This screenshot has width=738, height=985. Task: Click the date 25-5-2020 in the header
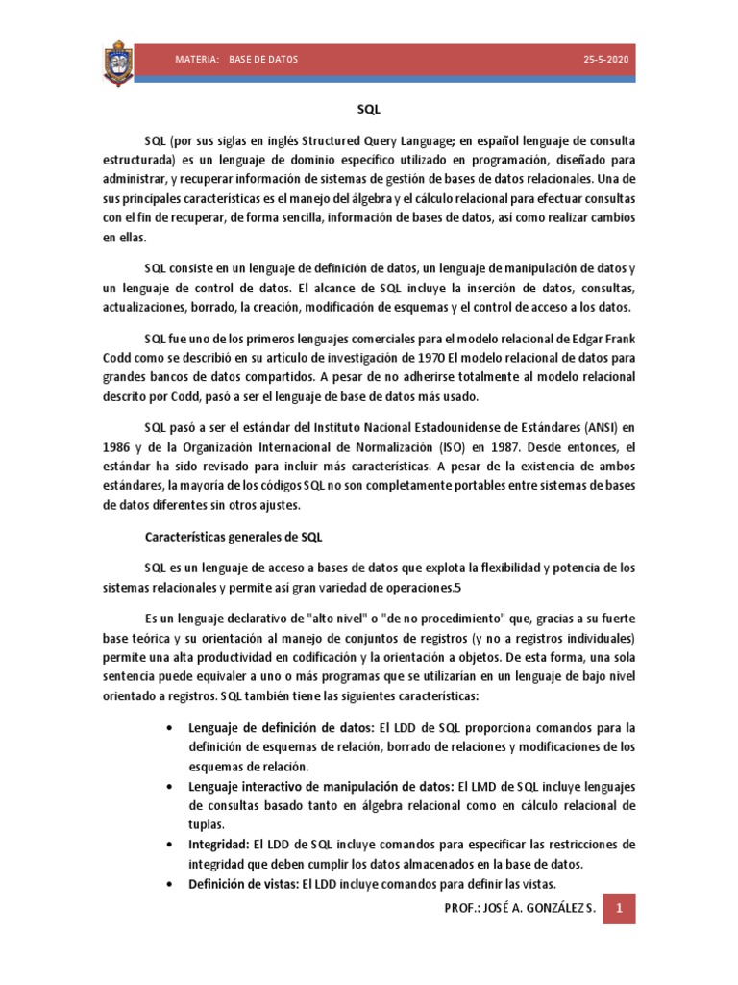pyautogui.click(x=603, y=60)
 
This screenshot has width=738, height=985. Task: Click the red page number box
pyautogui.click(x=620, y=907)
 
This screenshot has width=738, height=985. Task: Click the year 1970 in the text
pyautogui.click(x=428, y=358)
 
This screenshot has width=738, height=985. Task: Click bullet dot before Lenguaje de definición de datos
pyautogui.click(x=170, y=727)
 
